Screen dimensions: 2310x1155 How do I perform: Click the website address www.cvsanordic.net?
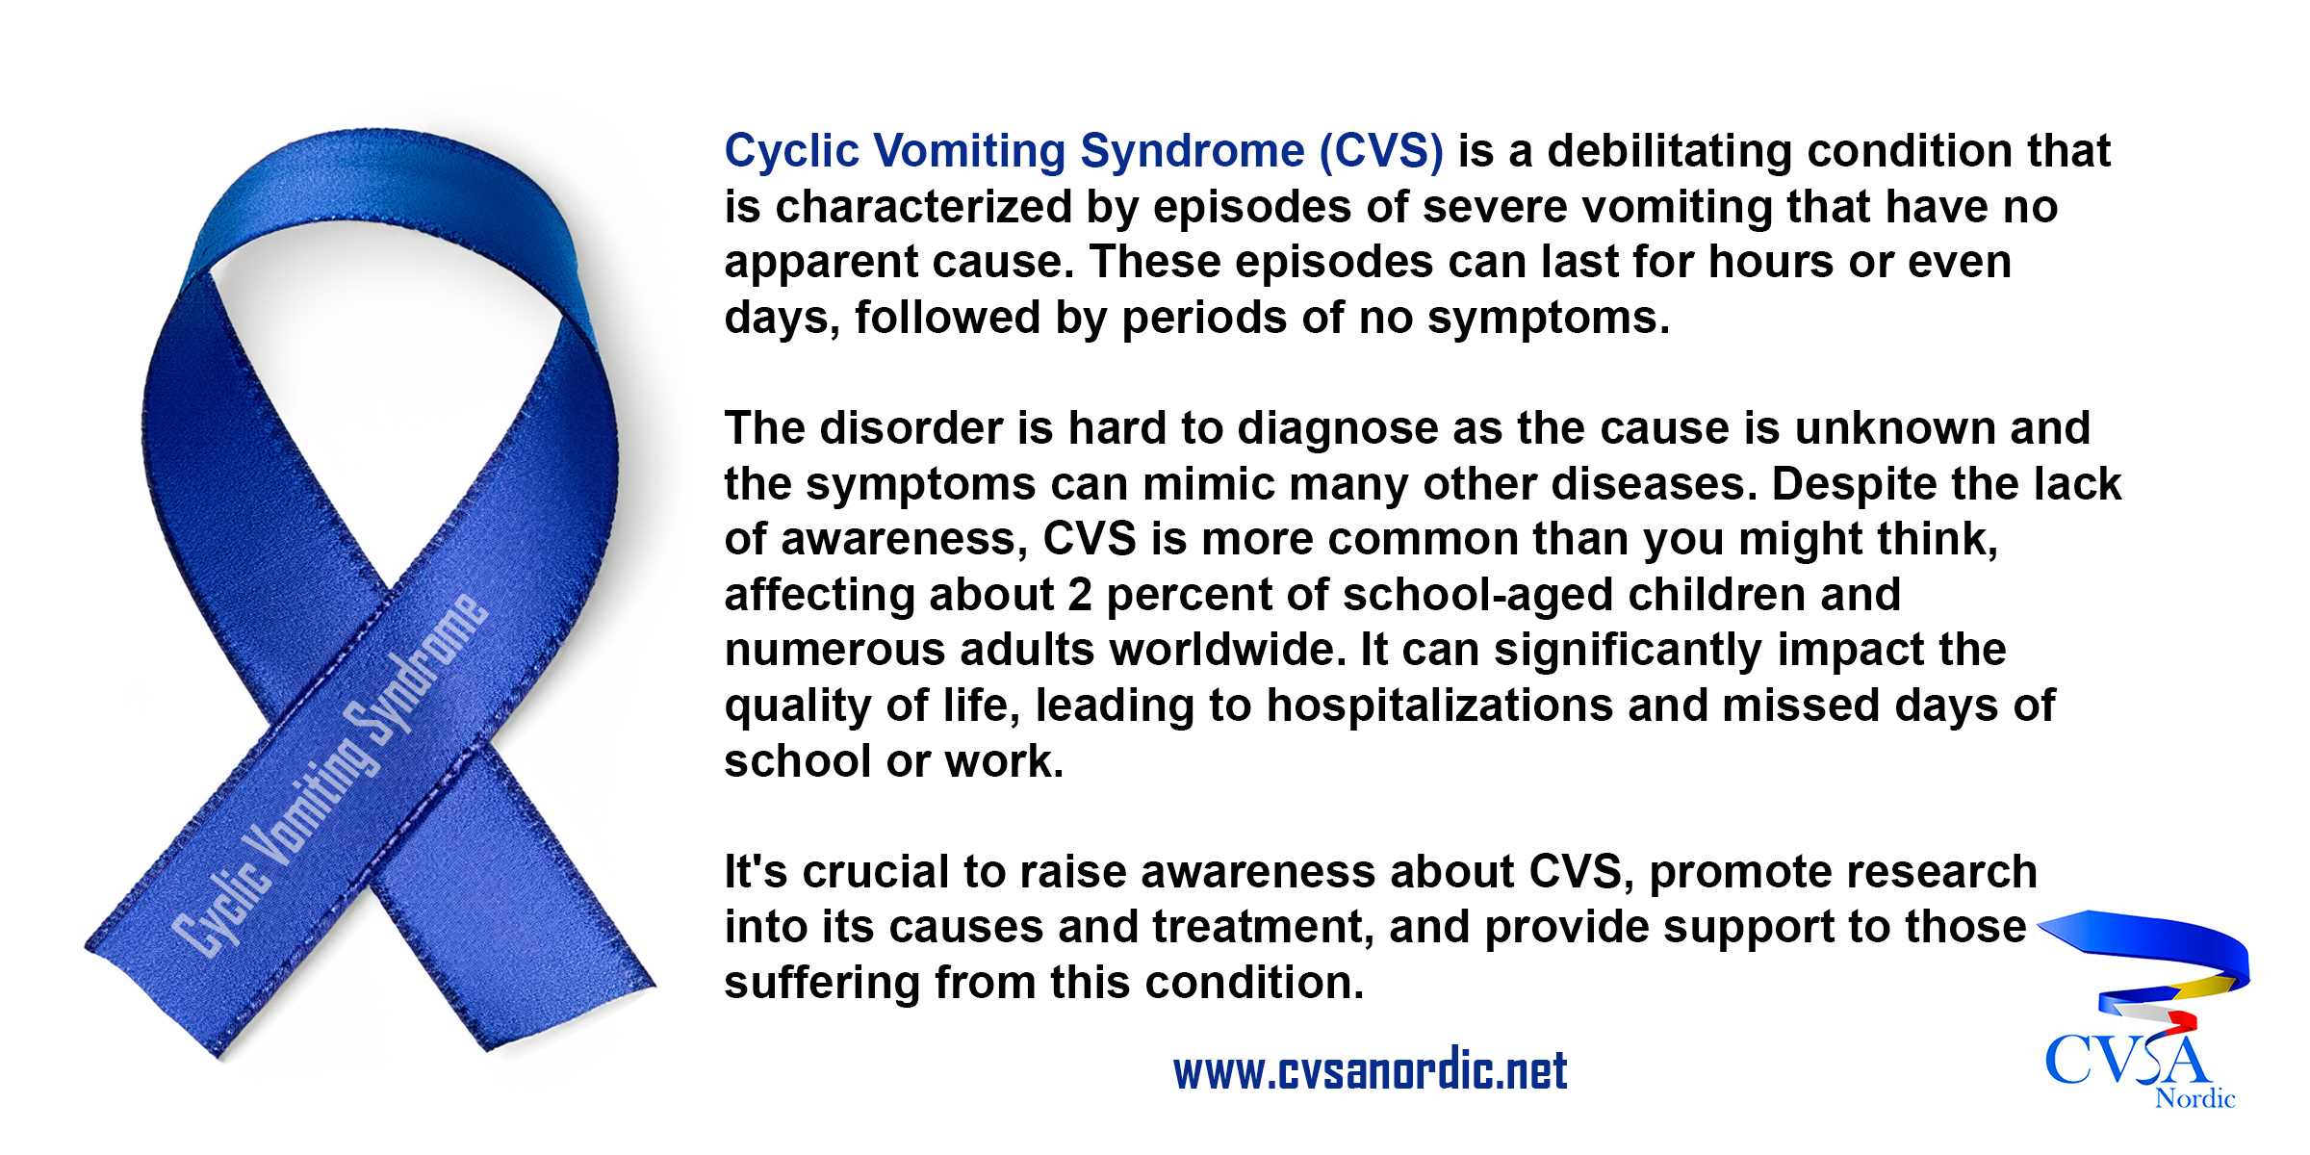click(1370, 1071)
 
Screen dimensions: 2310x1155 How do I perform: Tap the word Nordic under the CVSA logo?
click(2194, 1098)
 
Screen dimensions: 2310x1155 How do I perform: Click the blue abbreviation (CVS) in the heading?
click(1381, 152)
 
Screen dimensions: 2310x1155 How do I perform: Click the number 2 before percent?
click(1080, 595)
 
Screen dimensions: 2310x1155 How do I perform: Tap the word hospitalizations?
click(1440, 706)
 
